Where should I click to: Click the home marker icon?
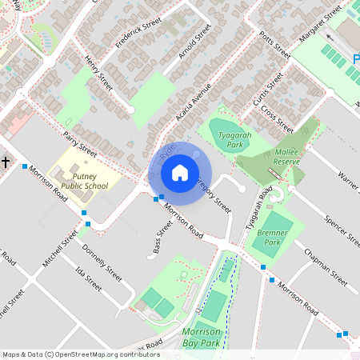[180, 172]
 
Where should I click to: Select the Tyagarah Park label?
[234, 141]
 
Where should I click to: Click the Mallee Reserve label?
[286, 156]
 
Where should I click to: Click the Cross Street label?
[277, 118]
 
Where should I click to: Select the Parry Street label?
[80, 142]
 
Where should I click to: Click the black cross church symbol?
[5, 162]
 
